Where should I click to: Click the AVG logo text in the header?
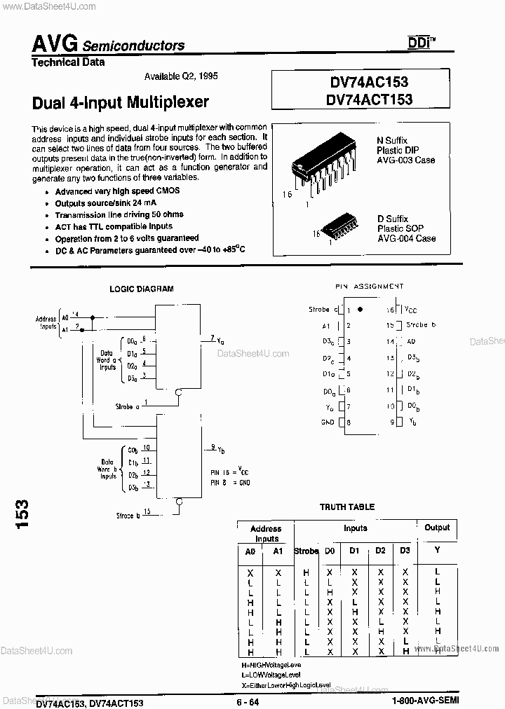coord(55,43)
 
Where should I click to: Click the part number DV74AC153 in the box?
coord(369,83)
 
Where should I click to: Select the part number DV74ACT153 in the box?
coord(369,99)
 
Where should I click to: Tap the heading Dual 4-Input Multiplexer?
coord(121,102)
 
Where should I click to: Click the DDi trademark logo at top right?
coord(420,43)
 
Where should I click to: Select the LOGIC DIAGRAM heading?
coord(141,289)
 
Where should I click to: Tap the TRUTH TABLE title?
coord(347,507)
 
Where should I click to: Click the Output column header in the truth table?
coord(437,528)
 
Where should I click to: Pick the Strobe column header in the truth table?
coord(307,551)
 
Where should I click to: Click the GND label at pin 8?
coord(328,422)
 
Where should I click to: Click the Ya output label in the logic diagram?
coord(220,340)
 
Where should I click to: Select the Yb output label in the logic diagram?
coord(220,449)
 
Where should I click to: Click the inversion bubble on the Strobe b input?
coord(180,502)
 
